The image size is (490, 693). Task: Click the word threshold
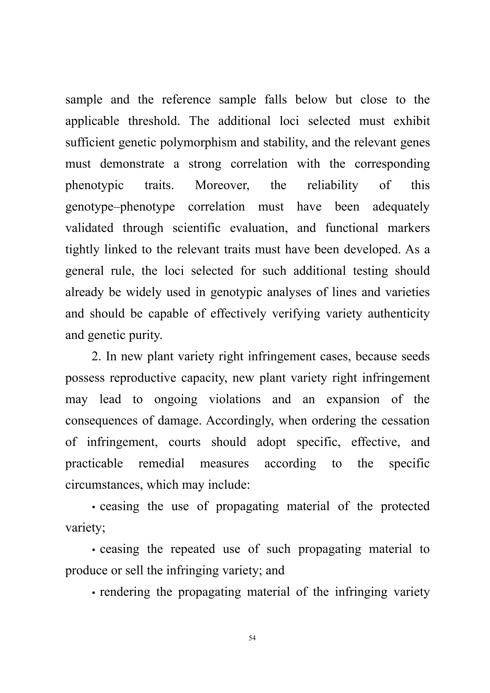click(x=154, y=121)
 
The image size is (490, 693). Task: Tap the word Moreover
click(x=222, y=185)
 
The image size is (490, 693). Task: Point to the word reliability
click(x=333, y=185)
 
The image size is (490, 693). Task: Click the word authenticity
click(x=399, y=314)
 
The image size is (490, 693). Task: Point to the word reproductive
click(x=143, y=378)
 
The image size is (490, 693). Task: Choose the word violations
click(x=235, y=399)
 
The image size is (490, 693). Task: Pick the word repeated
click(x=193, y=549)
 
